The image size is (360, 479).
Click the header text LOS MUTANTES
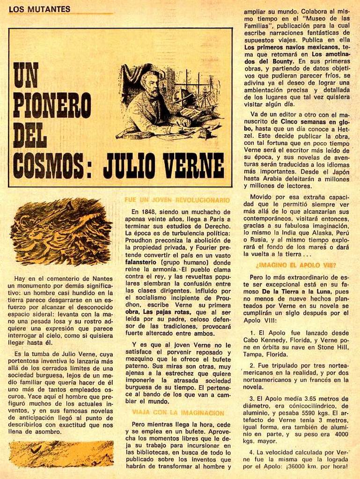click(39, 9)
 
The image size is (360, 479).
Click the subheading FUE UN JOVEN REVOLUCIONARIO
click(177, 200)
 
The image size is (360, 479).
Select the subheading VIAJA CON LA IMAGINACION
click(178, 413)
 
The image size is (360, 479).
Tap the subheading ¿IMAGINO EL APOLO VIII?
click(296, 265)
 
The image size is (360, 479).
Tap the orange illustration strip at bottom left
click(61, 454)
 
